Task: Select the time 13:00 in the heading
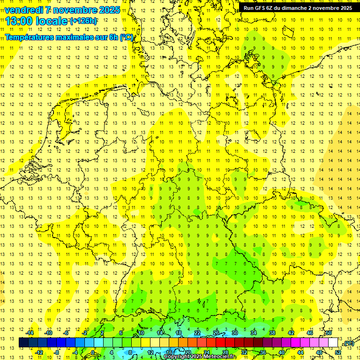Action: (19, 21)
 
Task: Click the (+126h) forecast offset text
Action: (83, 21)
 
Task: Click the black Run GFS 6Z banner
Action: (298, 8)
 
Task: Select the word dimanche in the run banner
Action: (296, 8)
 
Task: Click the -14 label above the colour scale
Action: (30, 333)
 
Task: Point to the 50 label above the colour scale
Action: (329, 333)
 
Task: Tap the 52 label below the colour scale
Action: (338, 352)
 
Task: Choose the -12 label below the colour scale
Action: (39, 352)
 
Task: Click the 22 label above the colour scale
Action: (197, 333)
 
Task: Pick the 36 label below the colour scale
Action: (263, 352)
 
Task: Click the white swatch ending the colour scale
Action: (333, 343)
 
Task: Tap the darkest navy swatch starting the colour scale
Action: (23, 343)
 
